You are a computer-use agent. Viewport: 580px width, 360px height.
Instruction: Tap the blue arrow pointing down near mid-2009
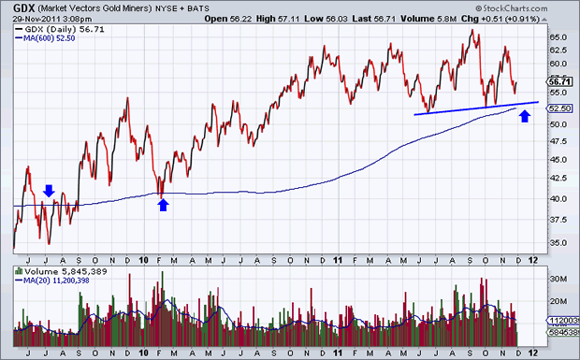[x=49, y=191]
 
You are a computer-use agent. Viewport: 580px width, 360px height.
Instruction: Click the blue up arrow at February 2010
[x=163, y=204]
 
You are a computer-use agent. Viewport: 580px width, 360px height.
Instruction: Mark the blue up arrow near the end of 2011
[x=525, y=116]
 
